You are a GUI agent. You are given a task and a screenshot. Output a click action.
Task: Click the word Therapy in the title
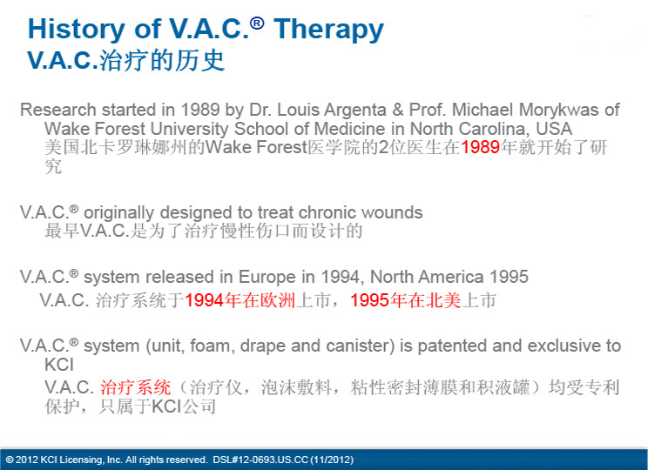click(x=328, y=30)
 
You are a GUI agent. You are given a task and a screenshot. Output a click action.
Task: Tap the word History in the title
click(x=76, y=29)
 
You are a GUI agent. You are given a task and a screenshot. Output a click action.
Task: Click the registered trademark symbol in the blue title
click(x=257, y=23)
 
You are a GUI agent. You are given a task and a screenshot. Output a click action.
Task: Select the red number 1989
click(x=480, y=147)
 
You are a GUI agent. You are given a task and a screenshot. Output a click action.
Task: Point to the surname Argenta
click(x=355, y=110)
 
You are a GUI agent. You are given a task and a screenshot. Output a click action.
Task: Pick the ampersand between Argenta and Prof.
click(x=397, y=110)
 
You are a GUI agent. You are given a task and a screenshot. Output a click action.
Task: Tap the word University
click(x=189, y=130)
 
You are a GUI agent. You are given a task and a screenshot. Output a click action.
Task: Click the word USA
click(x=554, y=129)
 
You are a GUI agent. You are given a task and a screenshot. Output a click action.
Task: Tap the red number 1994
click(x=204, y=300)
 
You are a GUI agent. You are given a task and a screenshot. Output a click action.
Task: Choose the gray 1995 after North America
click(x=509, y=277)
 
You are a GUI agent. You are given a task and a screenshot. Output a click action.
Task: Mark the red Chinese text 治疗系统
click(x=136, y=387)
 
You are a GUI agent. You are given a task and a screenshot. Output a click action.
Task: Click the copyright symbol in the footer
click(x=10, y=460)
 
